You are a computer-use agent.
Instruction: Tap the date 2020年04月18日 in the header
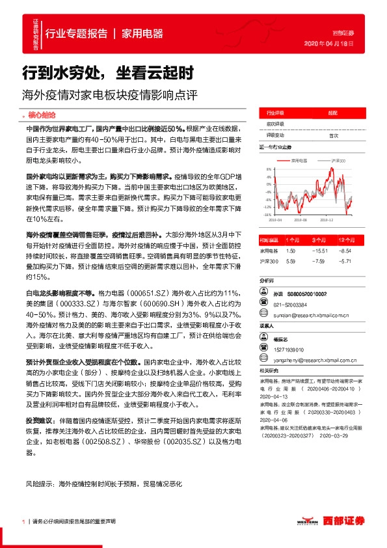tap(329, 43)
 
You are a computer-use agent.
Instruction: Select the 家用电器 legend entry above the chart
tap(297, 160)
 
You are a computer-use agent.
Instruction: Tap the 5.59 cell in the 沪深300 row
tap(291, 261)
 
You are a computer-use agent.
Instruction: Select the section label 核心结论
tap(42, 113)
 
